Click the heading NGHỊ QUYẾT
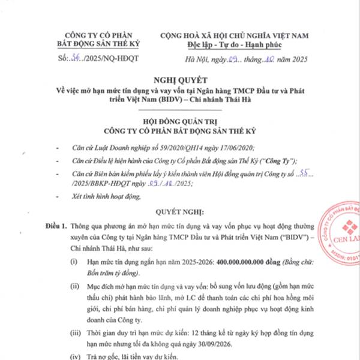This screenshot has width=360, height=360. click(x=180, y=79)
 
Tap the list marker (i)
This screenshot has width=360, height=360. click(x=73, y=263)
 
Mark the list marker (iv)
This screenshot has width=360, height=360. click(x=74, y=357)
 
